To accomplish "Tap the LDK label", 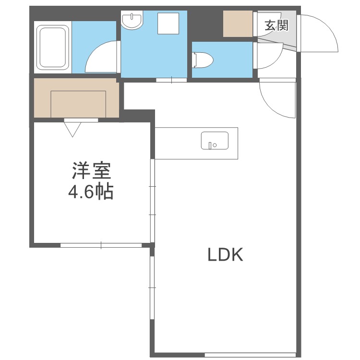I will [x=226, y=255].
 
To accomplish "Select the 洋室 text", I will [x=91, y=172].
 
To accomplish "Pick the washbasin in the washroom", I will [x=132, y=21].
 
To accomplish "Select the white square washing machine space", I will [x=168, y=23].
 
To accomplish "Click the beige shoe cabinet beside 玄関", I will [x=238, y=23].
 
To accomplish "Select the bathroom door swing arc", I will [x=102, y=57].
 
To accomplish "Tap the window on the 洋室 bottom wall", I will [x=101, y=245].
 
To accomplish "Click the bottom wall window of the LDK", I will [x=250, y=355].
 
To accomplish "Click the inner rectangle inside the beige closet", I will [x=78, y=103].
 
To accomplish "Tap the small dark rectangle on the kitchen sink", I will [x=209, y=144].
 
